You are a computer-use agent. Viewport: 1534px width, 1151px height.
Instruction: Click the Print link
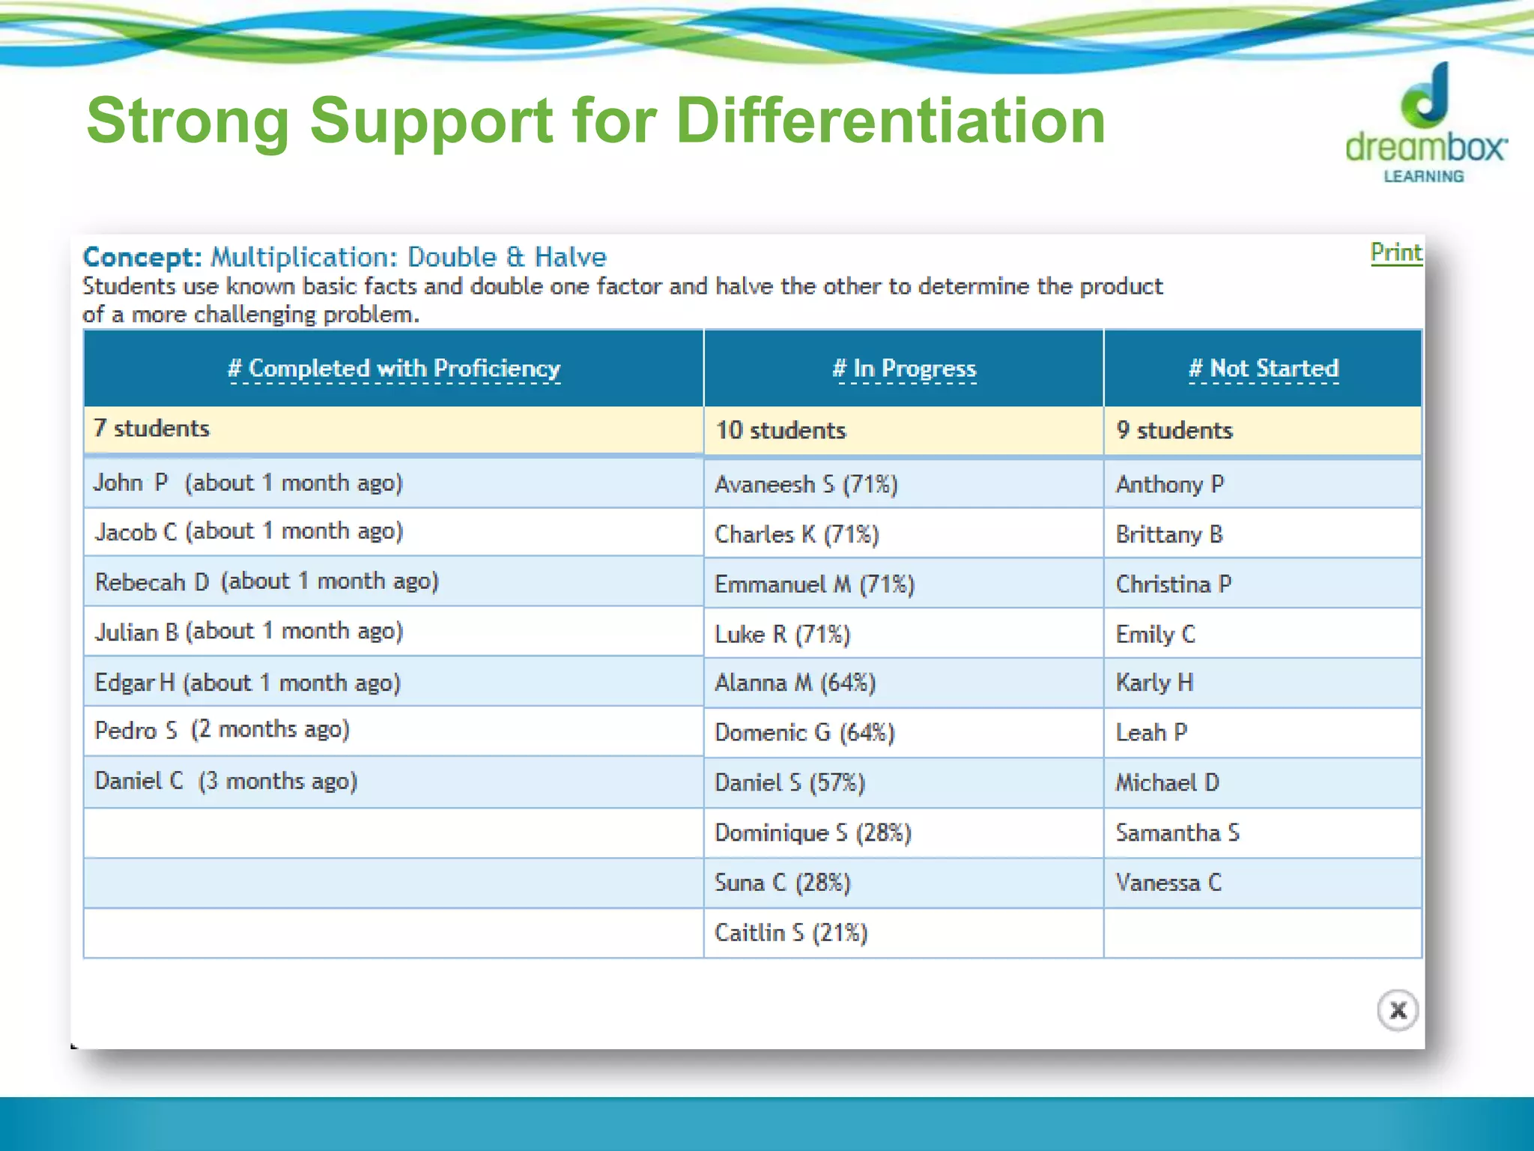point(1395,253)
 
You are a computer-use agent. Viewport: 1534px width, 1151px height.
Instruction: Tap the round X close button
point(1397,1010)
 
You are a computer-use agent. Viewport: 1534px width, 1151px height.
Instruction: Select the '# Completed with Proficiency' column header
point(394,369)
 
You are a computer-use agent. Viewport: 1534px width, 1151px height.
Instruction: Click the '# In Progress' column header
point(904,369)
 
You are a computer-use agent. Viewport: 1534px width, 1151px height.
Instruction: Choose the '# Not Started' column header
point(1264,369)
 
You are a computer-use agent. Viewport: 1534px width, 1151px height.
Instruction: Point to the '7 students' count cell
point(151,429)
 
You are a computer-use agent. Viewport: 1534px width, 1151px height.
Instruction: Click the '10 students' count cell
point(780,430)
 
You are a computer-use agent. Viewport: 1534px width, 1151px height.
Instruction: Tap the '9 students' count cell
point(1174,430)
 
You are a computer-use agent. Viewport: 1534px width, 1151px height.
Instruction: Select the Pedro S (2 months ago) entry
point(222,730)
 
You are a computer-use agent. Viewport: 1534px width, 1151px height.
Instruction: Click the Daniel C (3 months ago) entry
point(225,781)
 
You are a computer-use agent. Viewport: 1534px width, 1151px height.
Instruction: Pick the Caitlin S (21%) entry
point(791,933)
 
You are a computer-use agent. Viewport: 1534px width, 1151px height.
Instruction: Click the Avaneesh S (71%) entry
point(806,484)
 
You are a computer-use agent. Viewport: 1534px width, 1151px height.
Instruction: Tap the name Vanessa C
point(1168,883)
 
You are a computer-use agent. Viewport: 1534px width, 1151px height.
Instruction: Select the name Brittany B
point(1168,534)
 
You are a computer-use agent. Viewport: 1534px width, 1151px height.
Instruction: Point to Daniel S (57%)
point(789,783)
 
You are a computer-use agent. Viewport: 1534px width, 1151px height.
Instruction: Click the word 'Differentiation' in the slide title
point(890,121)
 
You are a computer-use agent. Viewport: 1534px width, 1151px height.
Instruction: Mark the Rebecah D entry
point(267,581)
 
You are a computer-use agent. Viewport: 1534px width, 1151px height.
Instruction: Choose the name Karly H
point(1154,683)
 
